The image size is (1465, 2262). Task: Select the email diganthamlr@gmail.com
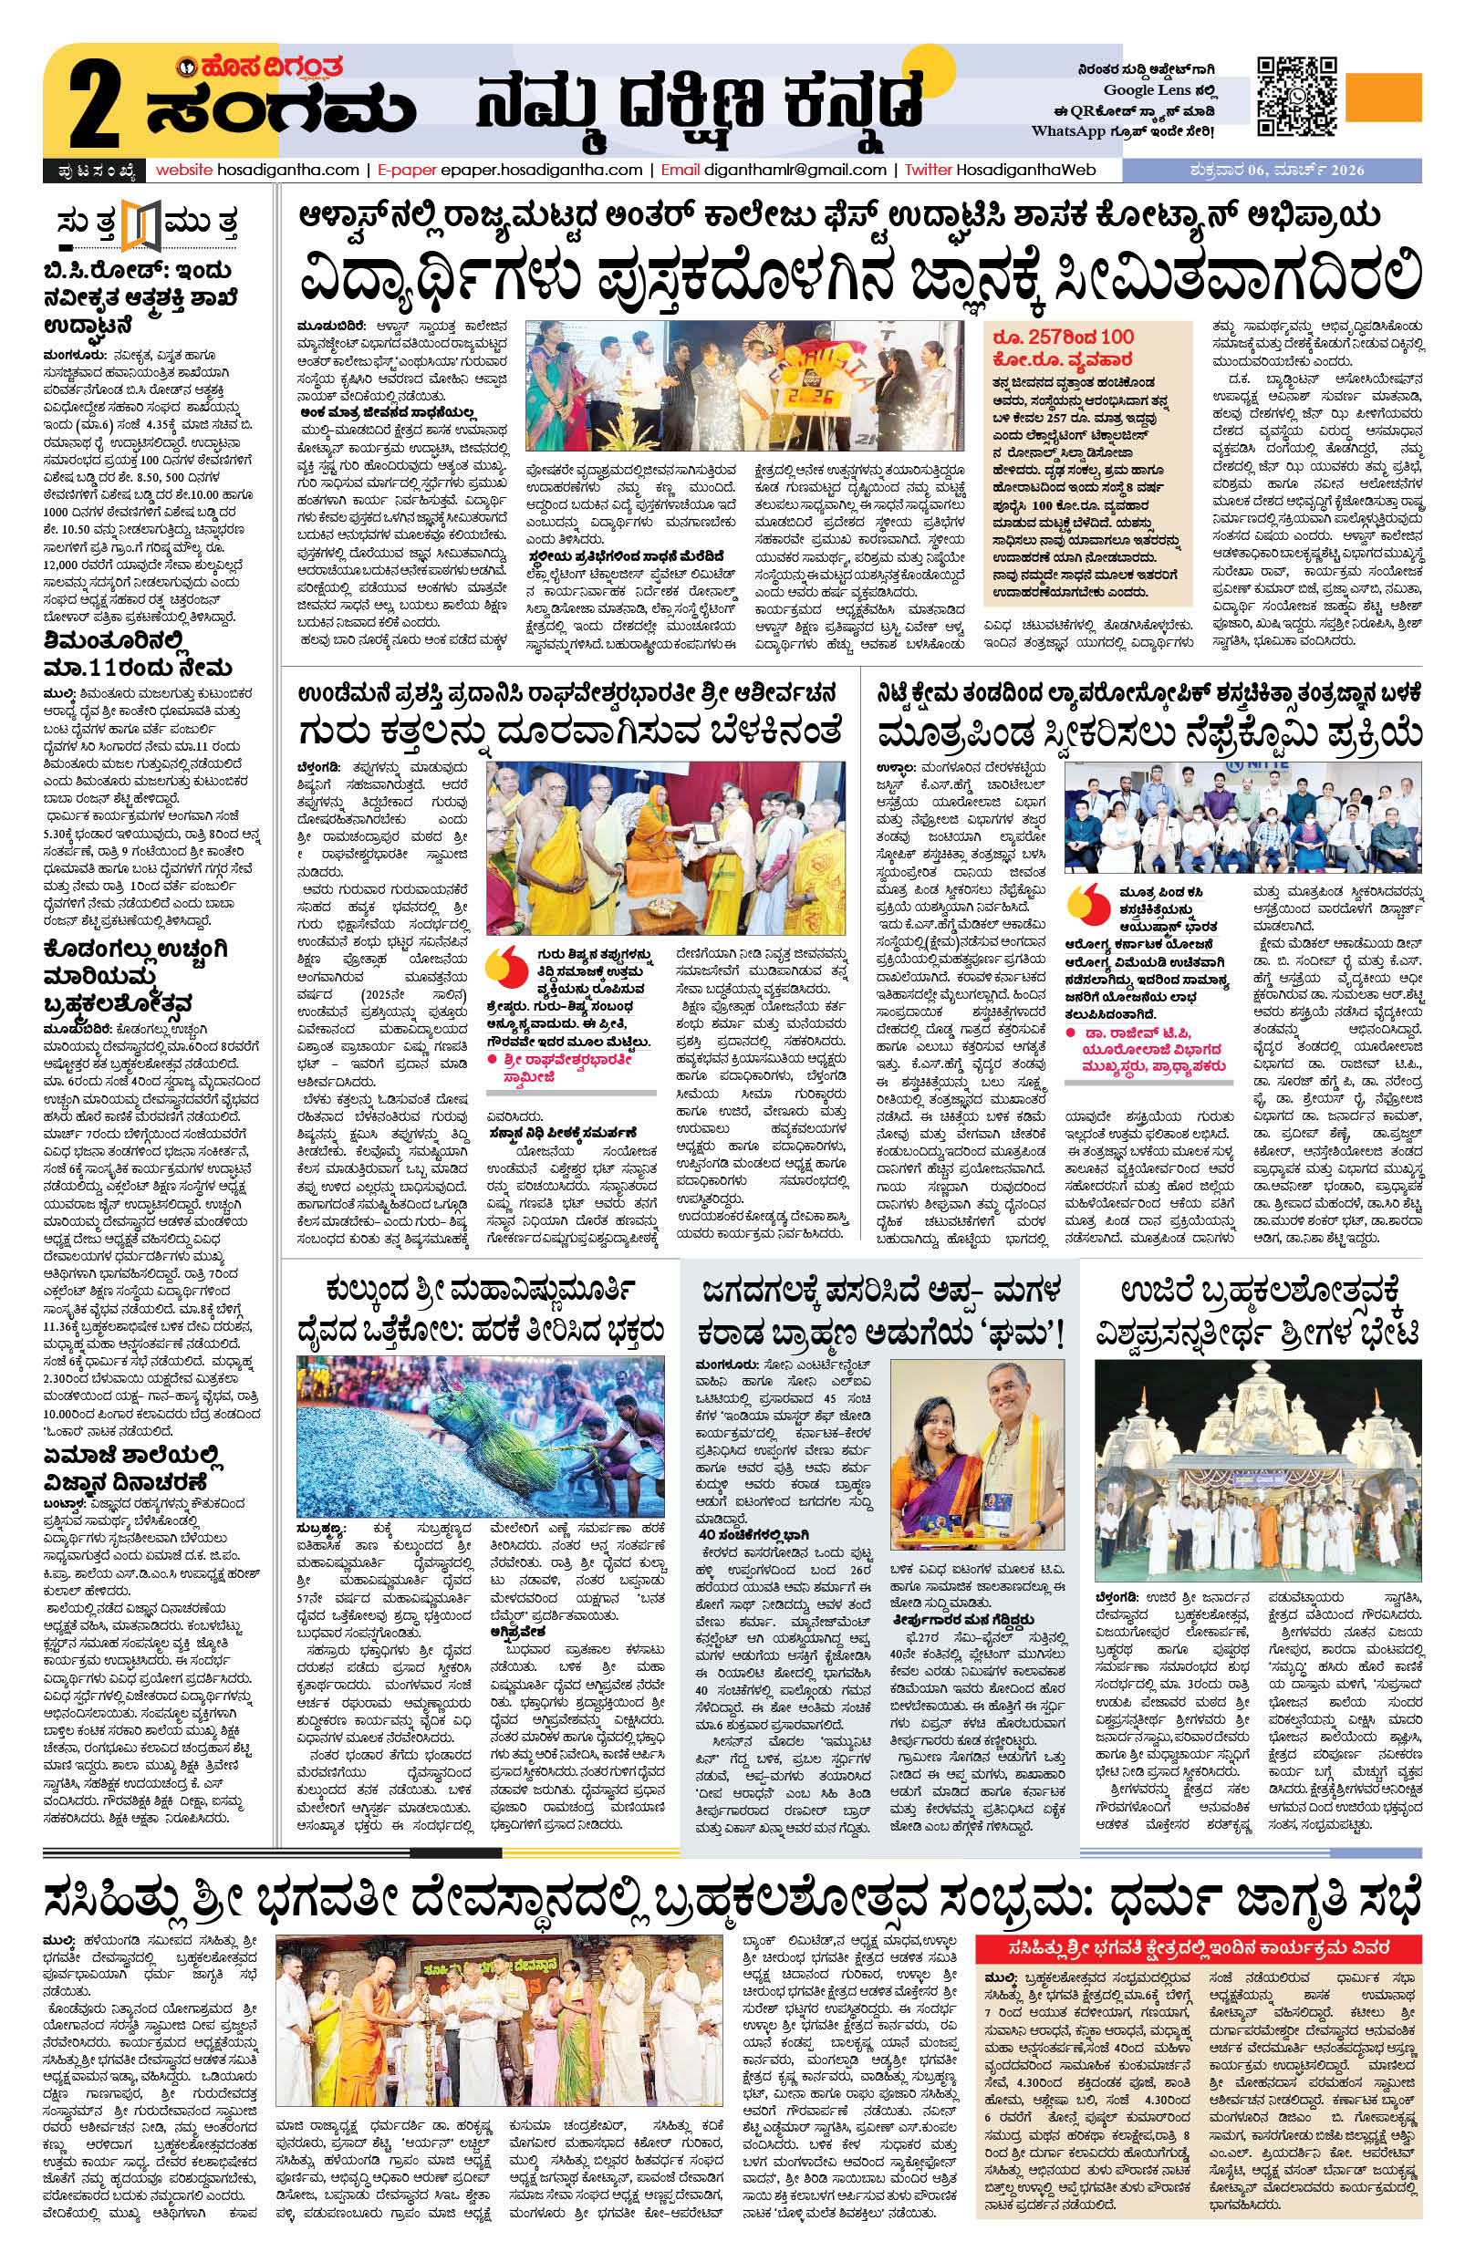click(795, 171)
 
